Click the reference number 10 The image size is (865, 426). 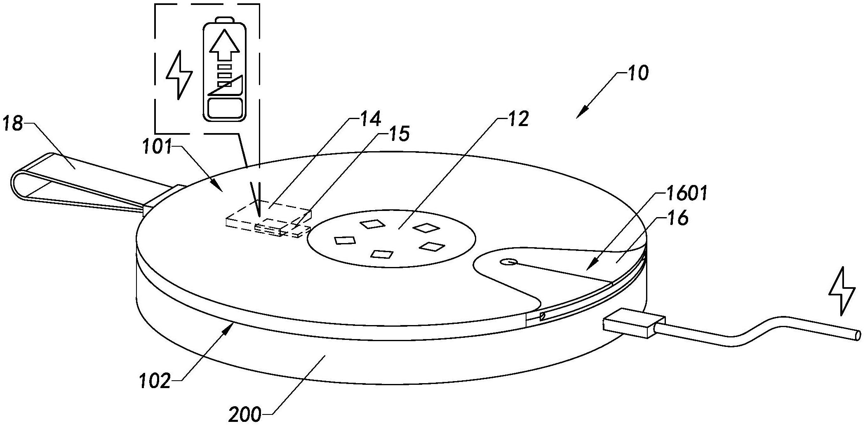[637, 73]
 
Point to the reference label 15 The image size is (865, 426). [398, 134]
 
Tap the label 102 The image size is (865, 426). [154, 381]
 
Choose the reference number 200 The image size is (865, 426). [245, 414]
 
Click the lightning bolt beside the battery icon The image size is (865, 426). [179, 75]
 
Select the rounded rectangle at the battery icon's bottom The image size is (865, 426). [225, 108]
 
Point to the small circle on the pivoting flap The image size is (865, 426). [508, 262]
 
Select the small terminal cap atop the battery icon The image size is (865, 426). [225, 20]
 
